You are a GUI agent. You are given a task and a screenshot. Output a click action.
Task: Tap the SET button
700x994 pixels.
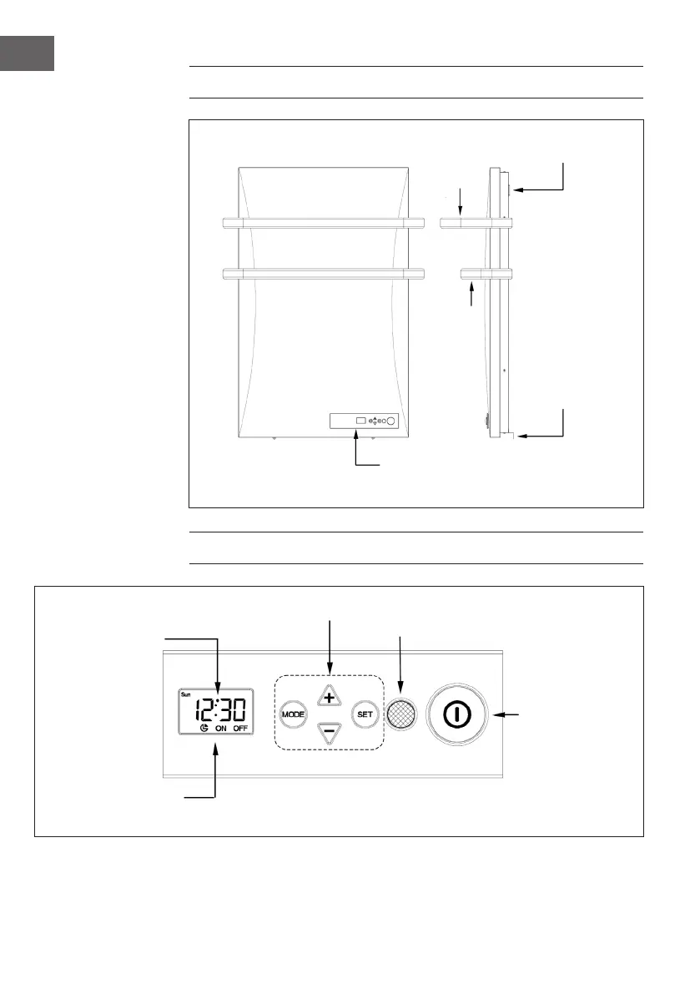[x=365, y=714]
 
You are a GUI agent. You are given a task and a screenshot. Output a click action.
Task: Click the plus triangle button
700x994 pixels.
[x=329, y=697]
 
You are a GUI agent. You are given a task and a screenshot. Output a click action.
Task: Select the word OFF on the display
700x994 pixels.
[x=241, y=729]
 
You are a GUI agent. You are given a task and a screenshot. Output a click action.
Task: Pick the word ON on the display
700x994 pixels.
[x=221, y=729]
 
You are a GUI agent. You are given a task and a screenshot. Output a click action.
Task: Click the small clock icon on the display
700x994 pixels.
[x=203, y=729]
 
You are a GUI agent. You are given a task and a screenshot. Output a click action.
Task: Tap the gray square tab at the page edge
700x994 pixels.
[x=27, y=53]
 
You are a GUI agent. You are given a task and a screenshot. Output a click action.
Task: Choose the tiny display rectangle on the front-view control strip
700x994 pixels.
[x=360, y=421]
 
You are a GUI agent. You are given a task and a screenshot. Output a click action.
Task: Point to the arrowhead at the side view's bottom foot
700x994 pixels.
[x=521, y=435]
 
